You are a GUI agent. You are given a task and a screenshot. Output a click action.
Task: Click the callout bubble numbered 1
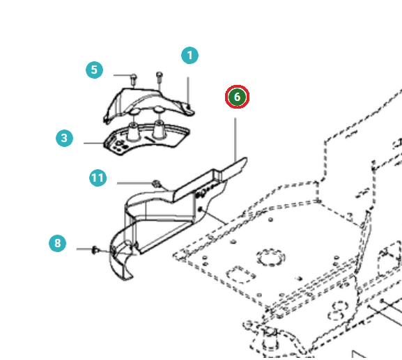pyautogui.click(x=190, y=55)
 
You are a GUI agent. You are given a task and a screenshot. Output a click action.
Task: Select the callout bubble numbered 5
pyautogui.click(x=94, y=70)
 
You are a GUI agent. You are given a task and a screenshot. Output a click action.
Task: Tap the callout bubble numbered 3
pyautogui.click(x=64, y=138)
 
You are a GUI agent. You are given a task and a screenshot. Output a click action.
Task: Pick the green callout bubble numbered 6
pyautogui.click(x=237, y=97)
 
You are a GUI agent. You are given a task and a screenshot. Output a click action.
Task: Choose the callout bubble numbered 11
pyautogui.click(x=98, y=178)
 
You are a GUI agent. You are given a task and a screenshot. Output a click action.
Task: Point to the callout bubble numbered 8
pyautogui.click(x=57, y=243)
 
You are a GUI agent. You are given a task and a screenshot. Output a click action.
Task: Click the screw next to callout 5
pyautogui.click(x=134, y=80)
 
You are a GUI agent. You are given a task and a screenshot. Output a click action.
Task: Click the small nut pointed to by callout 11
pyautogui.click(x=156, y=183)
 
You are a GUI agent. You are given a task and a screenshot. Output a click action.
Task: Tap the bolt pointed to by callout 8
pyautogui.click(x=95, y=250)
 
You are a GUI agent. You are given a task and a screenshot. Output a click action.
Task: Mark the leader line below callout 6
pyautogui.click(x=235, y=140)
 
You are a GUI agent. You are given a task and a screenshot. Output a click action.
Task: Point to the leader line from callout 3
pyautogui.click(x=94, y=143)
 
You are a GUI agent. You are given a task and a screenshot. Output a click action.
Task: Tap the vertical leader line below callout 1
pyautogui.click(x=188, y=91)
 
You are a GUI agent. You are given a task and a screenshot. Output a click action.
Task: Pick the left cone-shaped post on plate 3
pyautogui.click(x=133, y=132)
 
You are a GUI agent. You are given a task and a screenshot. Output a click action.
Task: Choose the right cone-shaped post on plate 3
pyautogui.click(x=158, y=129)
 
